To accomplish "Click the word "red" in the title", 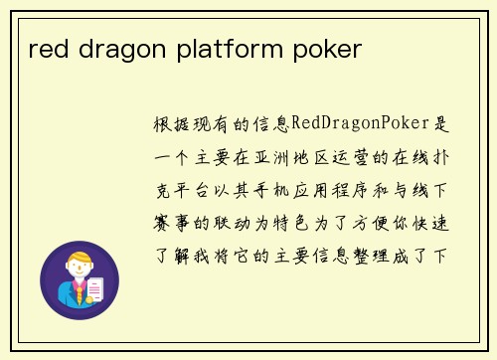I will (47, 49).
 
